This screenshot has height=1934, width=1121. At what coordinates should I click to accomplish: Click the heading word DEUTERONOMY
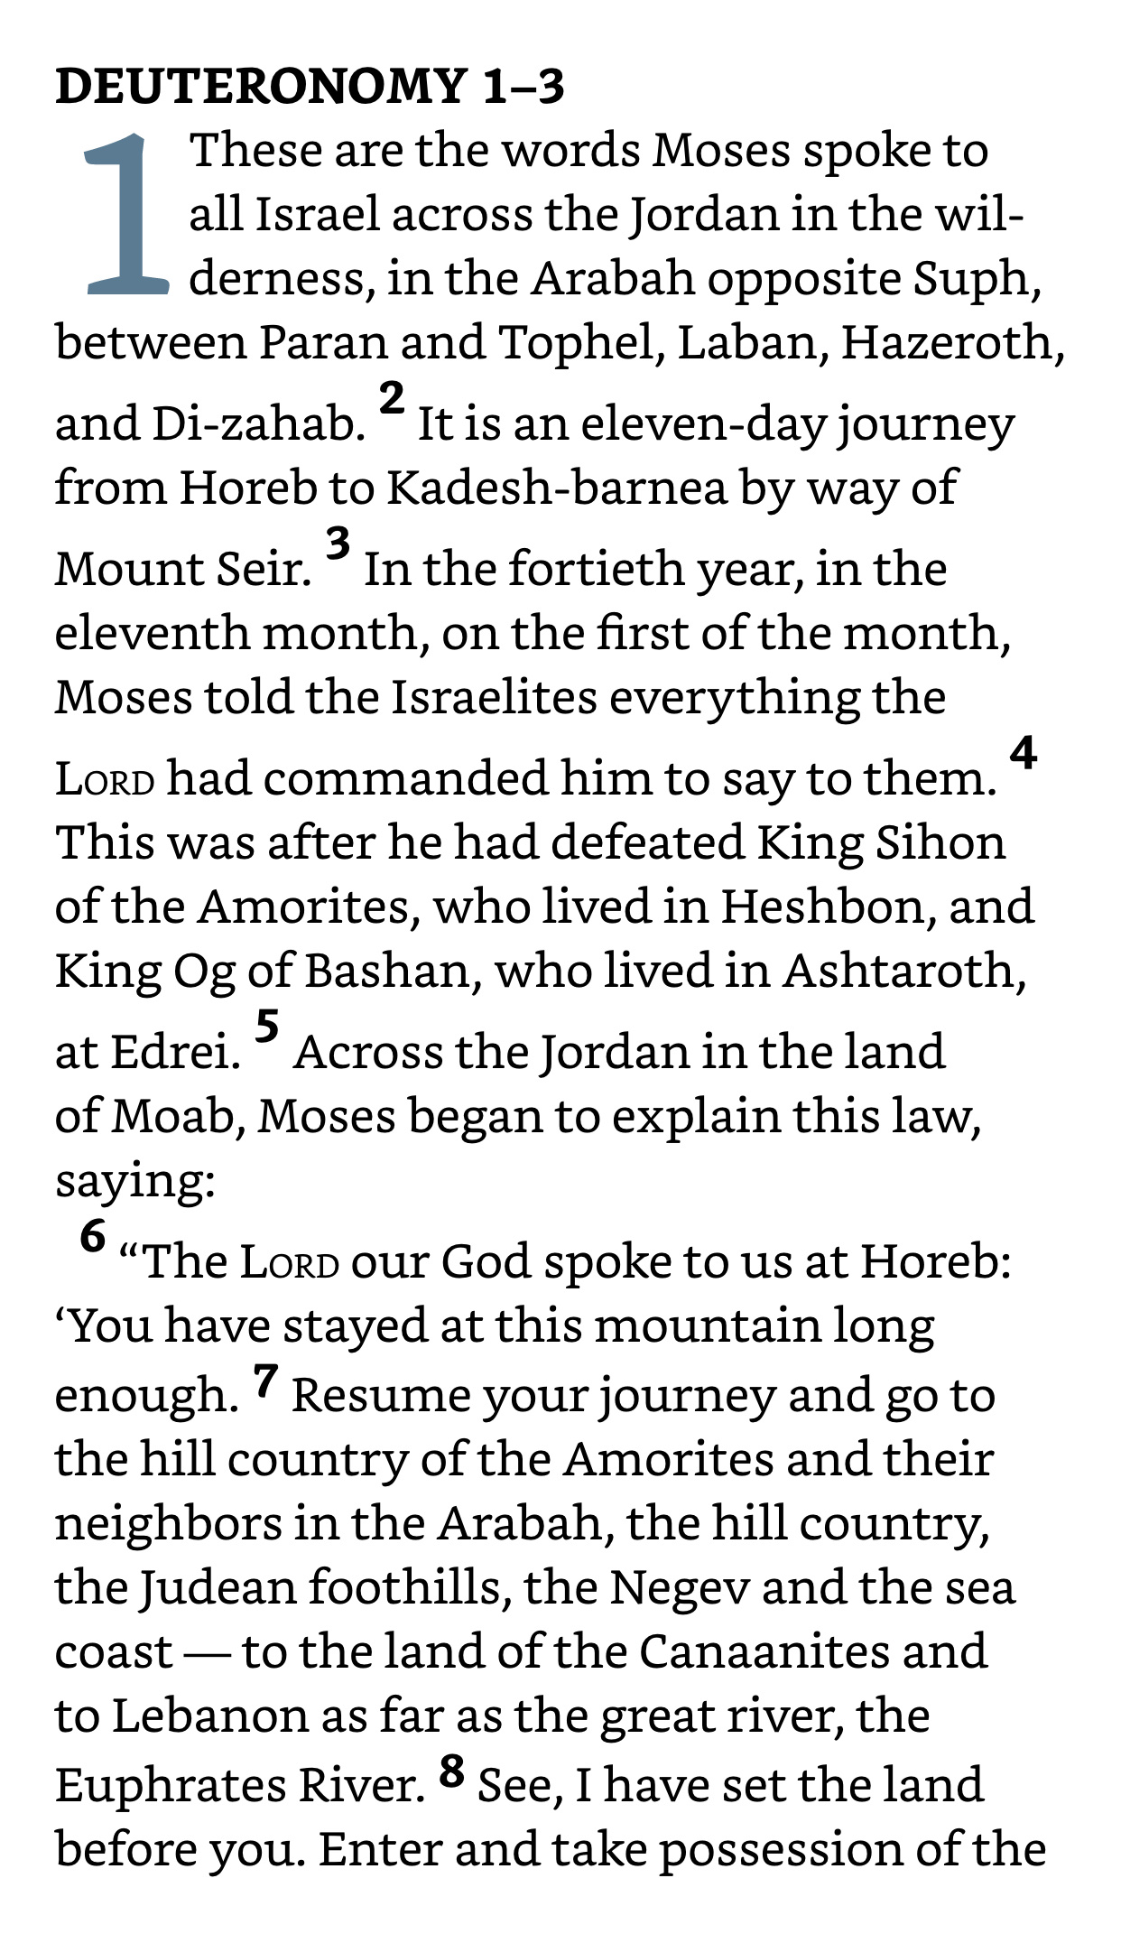coord(260,87)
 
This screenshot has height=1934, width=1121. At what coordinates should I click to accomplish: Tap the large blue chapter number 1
coord(126,215)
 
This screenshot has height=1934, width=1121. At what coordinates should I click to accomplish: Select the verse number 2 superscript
coord(392,398)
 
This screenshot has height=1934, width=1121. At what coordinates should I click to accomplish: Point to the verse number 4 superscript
coord(1023,753)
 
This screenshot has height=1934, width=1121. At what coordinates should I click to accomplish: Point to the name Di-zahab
coord(255,424)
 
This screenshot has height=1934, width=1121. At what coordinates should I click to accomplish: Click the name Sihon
coord(940,842)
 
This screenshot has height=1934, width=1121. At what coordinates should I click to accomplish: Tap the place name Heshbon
coord(827,907)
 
